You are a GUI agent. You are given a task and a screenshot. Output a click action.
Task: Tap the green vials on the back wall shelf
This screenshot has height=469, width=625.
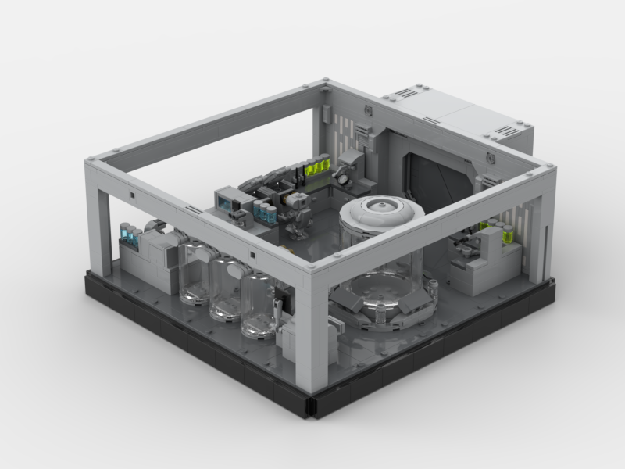point(317,166)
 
